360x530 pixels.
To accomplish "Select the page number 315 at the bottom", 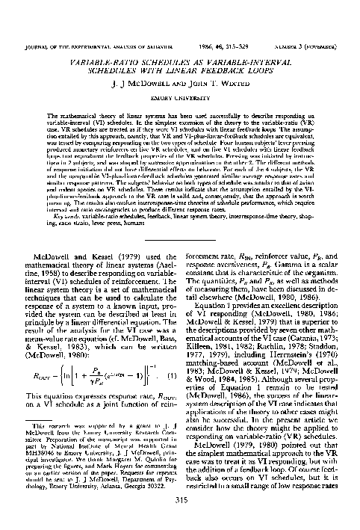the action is [180, 499].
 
